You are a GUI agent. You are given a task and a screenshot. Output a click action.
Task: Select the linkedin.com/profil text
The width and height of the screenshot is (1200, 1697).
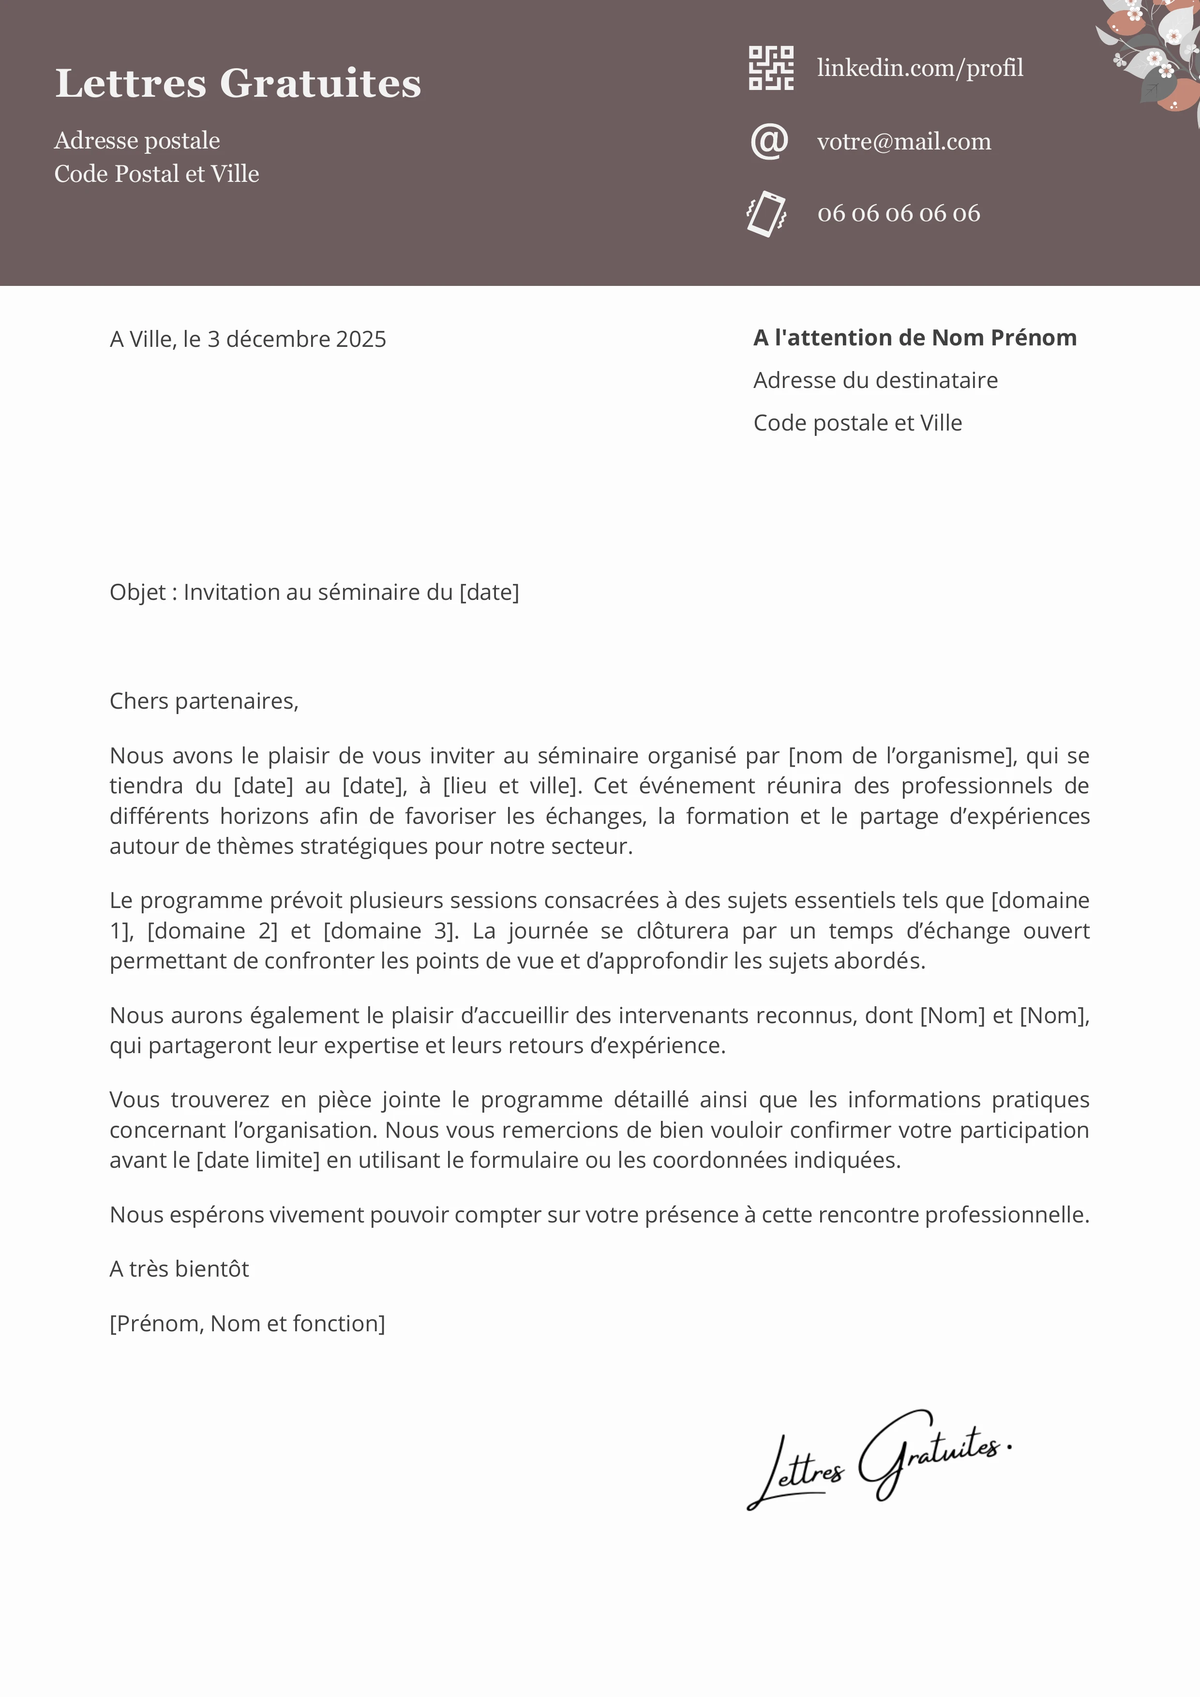(920, 68)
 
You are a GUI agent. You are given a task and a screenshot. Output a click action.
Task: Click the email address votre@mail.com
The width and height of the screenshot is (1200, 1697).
(903, 141)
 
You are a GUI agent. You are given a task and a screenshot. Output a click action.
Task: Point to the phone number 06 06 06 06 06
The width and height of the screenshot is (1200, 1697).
(899, 214)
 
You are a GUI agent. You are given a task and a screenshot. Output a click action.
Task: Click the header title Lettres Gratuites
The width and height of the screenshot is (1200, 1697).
(238, 83)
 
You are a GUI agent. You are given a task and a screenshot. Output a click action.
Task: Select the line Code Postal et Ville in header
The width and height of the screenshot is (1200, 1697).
(157, 174)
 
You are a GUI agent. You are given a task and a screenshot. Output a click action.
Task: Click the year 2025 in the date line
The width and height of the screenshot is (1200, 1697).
(361, 339)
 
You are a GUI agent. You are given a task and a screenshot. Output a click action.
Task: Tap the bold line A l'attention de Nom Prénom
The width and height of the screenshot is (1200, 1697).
(915, 338)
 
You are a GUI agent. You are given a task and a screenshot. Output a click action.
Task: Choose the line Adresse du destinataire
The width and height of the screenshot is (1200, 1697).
(875, 381)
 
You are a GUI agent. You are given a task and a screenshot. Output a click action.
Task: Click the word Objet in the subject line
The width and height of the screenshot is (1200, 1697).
(137, 592)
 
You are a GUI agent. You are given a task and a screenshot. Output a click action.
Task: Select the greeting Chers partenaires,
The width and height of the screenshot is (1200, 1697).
(204, 700)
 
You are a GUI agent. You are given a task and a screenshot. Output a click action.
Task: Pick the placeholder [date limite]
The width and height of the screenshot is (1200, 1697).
(258, 1160)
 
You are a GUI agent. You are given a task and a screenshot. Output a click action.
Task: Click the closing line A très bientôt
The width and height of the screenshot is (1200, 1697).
(179, 1268)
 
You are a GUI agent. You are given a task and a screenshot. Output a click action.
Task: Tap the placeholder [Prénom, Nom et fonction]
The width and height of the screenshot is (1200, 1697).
(247, 1323)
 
